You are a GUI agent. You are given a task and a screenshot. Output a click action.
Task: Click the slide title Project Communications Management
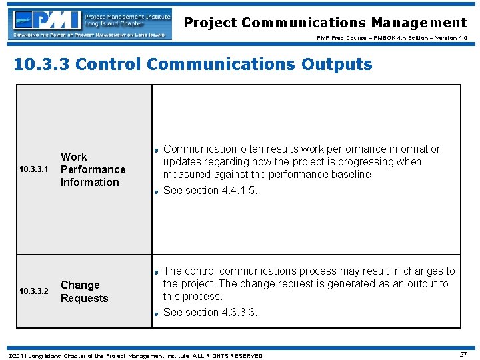tap(325, 23)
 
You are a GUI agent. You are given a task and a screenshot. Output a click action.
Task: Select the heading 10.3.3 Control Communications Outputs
tap(193, 64)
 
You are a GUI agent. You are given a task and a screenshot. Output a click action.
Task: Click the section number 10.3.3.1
tap(34, 170)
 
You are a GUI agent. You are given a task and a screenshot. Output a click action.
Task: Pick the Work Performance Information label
tap(93, 169)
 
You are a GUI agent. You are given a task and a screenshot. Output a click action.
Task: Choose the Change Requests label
tap(84, 291)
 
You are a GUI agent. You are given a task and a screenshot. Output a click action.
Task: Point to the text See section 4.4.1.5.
tap(210, 190)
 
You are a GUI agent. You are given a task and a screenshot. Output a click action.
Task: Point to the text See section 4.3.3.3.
tap(210, 312)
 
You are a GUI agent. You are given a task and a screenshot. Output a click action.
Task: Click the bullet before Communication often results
tap(155, 150)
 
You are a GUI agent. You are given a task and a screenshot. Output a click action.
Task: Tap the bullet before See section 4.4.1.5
tap(155, 191)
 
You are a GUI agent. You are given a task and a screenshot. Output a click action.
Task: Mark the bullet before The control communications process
tap(155, 272)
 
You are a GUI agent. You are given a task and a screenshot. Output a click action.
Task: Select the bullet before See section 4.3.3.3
tap(155, 313)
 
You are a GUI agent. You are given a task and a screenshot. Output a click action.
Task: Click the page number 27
tap(463, 355)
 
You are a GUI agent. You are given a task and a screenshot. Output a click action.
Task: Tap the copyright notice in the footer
tap(134, 355)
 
